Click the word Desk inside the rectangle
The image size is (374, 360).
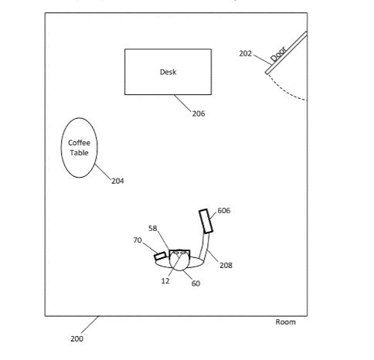(x=168, y=72)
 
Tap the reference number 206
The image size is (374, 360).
(x=199, y=114)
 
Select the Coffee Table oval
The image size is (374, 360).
(x=79, y=148)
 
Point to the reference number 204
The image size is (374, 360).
(x=117, y=181)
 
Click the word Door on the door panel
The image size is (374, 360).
(x=279, y=53)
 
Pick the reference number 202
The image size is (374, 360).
(x=245, y=53)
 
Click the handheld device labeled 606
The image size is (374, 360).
(x=206, y=221)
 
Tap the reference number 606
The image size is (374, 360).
(x=224, y=211)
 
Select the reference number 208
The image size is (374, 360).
(x=226, y=265)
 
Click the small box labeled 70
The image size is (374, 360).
(x=160, y=256)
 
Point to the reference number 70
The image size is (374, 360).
(x=138, y=240)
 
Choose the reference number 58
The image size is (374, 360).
(x=153, y=228)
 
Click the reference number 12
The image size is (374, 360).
(x=165, y=281)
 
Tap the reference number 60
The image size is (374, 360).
(x=195, y=284)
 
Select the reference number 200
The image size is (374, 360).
(x=76, y=338)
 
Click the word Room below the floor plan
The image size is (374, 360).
(x=285, y=322)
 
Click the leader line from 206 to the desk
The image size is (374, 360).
(x=182, y=103)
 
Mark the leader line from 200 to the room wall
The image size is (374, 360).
(x=90, y=324)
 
